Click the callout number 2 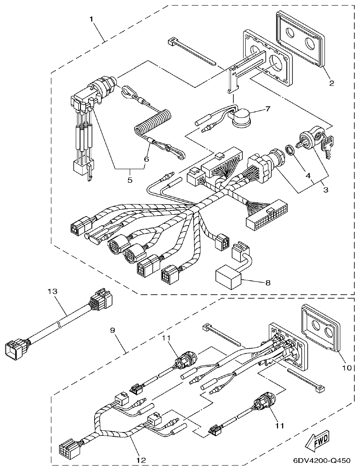[x=330, y=83]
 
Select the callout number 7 [x=268, y=108]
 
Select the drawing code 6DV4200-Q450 [x=322, y=461]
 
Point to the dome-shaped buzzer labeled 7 [x=242, y=116]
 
